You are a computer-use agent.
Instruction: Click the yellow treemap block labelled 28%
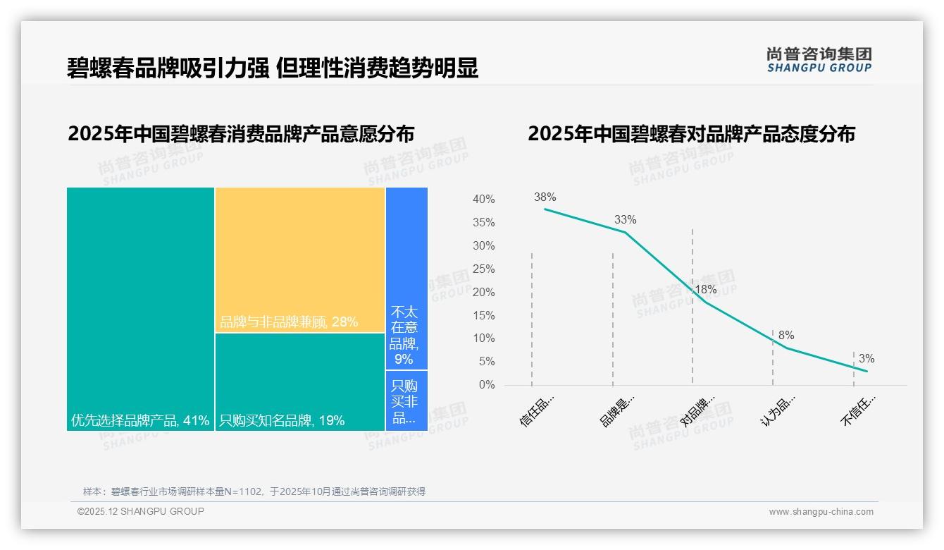300,259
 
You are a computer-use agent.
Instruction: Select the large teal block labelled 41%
140,309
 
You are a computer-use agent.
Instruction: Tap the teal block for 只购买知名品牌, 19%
300,381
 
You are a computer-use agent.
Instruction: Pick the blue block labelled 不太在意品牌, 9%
406,278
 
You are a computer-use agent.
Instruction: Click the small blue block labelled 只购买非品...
406,400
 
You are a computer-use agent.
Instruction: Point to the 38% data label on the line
545,197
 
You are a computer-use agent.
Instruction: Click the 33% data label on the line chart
625,220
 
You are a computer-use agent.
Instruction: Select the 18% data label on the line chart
705,290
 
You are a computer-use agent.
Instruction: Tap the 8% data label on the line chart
786,336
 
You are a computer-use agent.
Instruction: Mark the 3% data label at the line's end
867,359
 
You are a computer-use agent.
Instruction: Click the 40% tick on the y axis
483,200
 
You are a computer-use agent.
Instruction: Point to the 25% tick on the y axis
483,269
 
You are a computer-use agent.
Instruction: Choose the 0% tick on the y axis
487,385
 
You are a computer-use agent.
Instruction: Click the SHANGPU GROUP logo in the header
819,59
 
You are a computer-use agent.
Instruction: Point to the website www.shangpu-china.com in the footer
821,512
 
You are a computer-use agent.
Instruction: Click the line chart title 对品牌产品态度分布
691,134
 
